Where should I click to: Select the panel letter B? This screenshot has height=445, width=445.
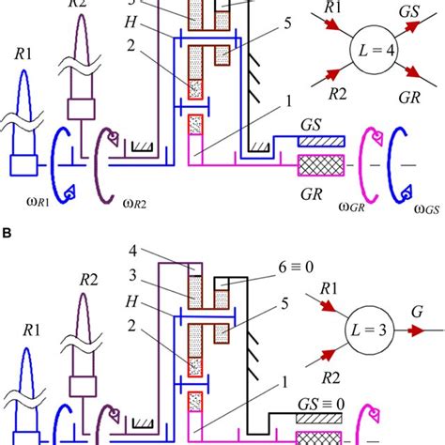[x=6, y=233]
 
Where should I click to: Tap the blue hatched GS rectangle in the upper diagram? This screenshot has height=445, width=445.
[x=321, y=142]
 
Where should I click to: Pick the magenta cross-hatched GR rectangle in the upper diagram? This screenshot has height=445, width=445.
[x=321, y=165]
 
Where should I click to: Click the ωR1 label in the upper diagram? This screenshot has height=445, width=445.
[x=38, y=202]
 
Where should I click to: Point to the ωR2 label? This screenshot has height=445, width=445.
[x=135, y=204]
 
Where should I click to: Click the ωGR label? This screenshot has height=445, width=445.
[x=352, y=207]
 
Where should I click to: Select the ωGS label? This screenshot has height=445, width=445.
[x=426, y=208]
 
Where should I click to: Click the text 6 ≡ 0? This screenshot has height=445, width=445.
[x=296, y=268]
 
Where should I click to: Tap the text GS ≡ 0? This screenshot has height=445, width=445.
[x=321, y=405]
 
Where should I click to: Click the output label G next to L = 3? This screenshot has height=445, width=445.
[x=417, y=312]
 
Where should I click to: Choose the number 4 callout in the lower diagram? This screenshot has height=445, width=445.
[x=133, y=251]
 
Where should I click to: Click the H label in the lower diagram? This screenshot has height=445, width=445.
[x=131, y=301]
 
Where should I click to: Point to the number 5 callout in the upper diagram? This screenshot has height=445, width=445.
[x=287, y=23]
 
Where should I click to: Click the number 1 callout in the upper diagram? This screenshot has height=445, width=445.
[x=288, y=101]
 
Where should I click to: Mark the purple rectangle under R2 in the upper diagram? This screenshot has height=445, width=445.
[x=82, y=109]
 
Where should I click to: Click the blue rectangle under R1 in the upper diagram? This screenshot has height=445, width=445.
[x=23, y=165]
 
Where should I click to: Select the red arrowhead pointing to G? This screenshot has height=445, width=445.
[x=418, y=330]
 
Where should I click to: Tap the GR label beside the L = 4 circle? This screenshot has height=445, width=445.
[x=409, y=98]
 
